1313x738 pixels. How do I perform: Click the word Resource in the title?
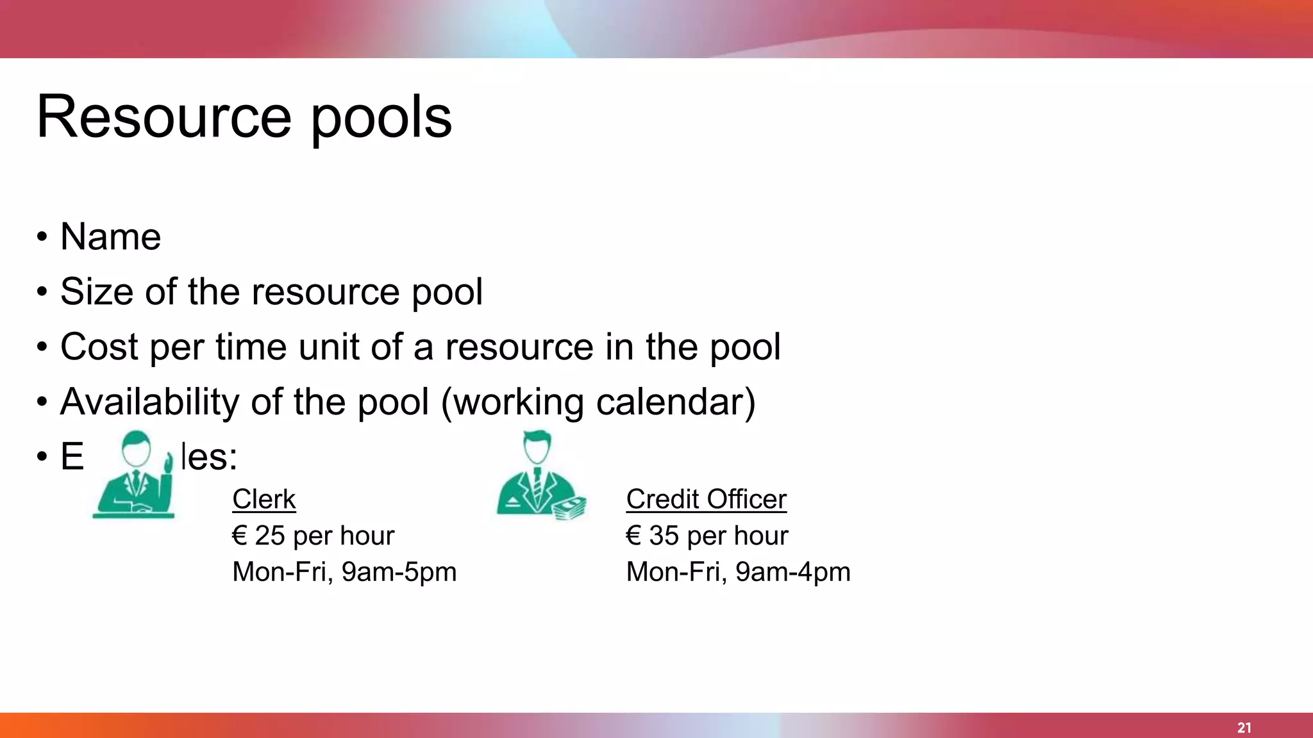tap(164, 117)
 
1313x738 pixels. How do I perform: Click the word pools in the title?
tap(381, 118)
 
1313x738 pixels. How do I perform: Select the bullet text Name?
tap(110, 236)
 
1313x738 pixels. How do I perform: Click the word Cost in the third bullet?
tap(99, 347)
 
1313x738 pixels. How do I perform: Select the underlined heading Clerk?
tap(263, 499)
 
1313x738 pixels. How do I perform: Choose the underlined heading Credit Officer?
tap(706, 499)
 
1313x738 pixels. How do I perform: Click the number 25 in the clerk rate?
tap(270, 536)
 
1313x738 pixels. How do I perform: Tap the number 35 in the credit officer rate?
tap(664, 536)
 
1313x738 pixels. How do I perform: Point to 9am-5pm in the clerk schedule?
tap(399, 572)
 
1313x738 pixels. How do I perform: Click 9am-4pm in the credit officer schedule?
tap(792, 572)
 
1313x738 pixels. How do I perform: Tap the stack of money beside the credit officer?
tap(569, 508)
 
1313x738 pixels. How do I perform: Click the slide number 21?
tap(1244, 728)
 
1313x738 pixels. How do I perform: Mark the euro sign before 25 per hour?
tap(240, 536)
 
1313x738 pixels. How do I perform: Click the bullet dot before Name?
tap(42, 237)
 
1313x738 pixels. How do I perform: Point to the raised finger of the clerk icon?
tap(169, 463)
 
